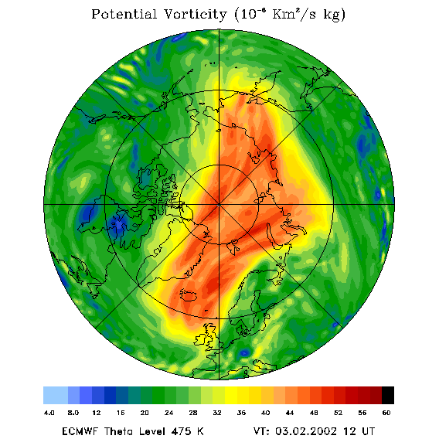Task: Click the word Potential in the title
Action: click(124, 14)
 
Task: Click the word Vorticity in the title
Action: click(195, 14)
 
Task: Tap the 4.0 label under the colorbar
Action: click(49, 413)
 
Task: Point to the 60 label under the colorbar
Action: click(386, 413)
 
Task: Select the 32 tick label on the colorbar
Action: click(217, 413)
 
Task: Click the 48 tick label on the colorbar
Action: click(314, 413)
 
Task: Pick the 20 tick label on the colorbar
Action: click(145, 413)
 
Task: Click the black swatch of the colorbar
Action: click(388, 395)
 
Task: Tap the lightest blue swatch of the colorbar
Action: click(56, 395)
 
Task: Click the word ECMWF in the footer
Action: click(80, 431)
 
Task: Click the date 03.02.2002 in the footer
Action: click(306, 431)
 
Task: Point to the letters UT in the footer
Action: click(367, 431)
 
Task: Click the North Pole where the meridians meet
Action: click(219, 205)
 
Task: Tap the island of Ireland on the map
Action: click(200, 339)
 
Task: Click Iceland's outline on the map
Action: click(189, 295)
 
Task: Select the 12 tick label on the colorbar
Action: click(97, 413)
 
